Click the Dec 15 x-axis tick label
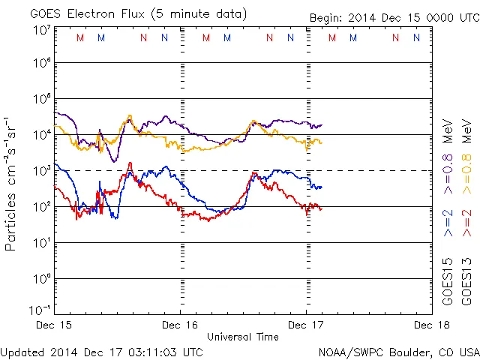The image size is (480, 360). coord(54,325)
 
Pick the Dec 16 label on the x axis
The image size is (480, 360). coord(180,325)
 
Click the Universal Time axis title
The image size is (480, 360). coord(243,337)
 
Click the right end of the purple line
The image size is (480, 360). coord(322,125)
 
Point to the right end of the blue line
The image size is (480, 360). coord(322,187)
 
